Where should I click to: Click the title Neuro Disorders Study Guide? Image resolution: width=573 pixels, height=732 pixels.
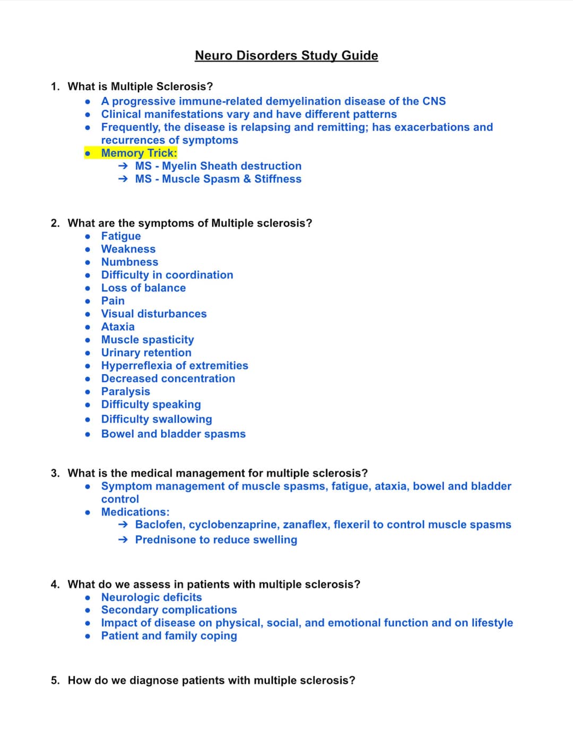click(x=286, y=55)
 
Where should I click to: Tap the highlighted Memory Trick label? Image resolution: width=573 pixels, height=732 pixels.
click(x=139, y=153)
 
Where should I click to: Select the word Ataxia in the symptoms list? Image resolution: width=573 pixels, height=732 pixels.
click(x=118, y=326)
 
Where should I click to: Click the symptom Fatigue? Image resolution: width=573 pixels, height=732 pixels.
click(x=121, y=236)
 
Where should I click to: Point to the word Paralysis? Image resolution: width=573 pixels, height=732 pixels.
click(x=126, y=391)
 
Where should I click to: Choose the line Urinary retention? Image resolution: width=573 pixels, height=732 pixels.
click(x=146, y=352)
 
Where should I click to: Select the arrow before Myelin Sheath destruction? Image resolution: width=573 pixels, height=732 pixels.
click(x=123, y=166)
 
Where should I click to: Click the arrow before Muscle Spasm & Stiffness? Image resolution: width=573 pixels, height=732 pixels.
click(x=123, y=179)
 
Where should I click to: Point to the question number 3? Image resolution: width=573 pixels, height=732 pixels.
click(x=55, y=473)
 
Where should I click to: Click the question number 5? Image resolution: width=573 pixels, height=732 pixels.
click(x=55, y=681)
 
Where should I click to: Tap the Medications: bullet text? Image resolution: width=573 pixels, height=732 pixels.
click(x=135, y=512)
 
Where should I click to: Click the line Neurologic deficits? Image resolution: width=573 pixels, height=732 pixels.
click(x=152, y=597)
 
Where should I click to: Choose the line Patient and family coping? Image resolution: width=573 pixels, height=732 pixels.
click(x=169, y=636)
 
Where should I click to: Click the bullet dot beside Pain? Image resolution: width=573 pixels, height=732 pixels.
click(x=88, y=301)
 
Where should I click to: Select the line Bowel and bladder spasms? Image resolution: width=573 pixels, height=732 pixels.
click(x=173, y=434)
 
